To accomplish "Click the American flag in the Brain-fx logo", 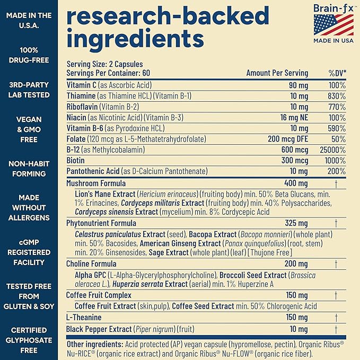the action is click(333, 25).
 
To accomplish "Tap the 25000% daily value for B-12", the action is click(332, 150).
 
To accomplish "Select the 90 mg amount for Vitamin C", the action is click(298, 86).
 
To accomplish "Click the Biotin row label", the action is click(75, 160).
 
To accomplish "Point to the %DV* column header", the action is click(337, 73).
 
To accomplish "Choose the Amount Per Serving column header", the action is click(277, 73).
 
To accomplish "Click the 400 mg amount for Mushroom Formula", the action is click(296, 183).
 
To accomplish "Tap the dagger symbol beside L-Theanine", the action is click(336, 318).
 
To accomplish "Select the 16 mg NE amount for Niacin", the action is click(294, 118).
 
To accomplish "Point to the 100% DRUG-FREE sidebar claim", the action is click(29, 55).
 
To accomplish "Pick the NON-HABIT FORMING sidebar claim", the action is click(29, 169).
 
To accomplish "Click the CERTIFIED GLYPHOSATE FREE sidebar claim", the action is click(29, 340).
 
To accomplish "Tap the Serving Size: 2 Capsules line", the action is click(104, 64).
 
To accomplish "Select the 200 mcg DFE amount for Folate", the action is click(288, 139).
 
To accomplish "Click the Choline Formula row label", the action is click(91, 264).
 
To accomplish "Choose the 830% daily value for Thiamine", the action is click(337, 96).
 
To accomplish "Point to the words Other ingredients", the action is click(95, 345).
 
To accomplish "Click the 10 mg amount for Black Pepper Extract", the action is click(298, 329).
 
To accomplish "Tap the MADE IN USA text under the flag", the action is click(333, 41).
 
